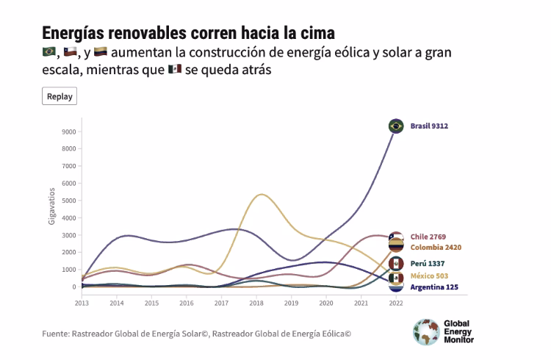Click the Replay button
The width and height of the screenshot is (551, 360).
coord(60,96)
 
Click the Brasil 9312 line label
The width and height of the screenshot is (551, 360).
coord(429,126)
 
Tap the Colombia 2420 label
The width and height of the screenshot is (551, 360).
coord(436,248)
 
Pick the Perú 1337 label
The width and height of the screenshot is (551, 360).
coord(428,264)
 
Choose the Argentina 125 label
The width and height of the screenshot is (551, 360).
coord(434,287)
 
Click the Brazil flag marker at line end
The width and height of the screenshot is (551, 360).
coord(396,126)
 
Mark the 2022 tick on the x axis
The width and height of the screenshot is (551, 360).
coord(396,303)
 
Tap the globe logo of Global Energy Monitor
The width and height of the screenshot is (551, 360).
coord(425,331)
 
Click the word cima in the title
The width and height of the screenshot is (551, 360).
coord(314,33)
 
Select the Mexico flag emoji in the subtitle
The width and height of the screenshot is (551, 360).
coord(175,69)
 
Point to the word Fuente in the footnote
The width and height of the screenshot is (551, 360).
coord(55,334)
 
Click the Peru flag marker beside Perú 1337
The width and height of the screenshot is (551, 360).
coord(396,264)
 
